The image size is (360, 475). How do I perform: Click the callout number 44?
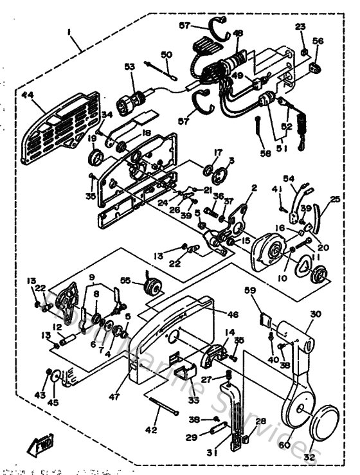point(28,95)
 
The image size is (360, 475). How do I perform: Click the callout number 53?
point(130,66)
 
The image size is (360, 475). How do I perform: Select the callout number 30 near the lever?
point(314,314)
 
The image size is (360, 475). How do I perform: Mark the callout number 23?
point(300,26)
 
